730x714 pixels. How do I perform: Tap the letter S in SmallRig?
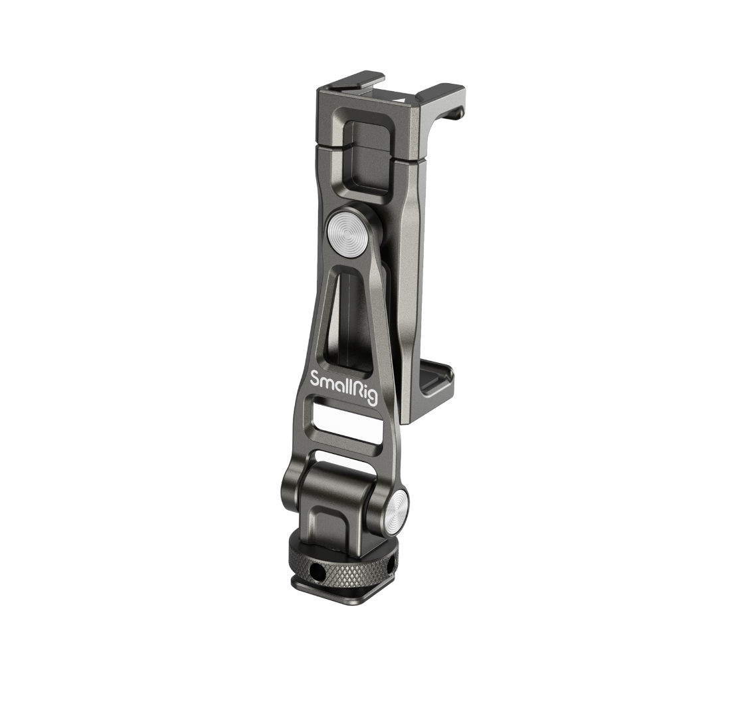pyautogui.click(x=316, y=378)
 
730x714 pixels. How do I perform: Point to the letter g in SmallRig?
pyautogui.click(x=372, y=398)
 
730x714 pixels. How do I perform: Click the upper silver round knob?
pyautogui.click(x=345, y=229)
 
